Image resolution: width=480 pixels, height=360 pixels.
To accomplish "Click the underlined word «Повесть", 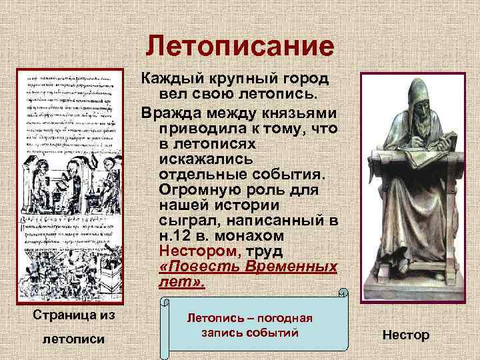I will pos(197,268).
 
